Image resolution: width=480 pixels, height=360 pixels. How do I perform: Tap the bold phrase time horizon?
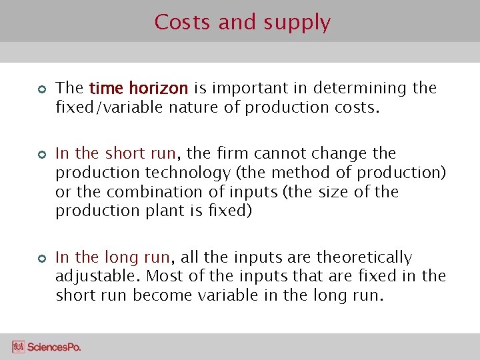(139, 88)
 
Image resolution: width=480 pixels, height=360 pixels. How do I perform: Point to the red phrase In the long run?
(113, 257)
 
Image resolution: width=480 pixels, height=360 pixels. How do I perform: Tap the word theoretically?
(364, 257)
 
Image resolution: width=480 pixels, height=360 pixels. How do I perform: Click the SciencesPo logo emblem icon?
(18, 347)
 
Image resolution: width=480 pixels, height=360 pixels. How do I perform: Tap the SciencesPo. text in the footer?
(54, 347)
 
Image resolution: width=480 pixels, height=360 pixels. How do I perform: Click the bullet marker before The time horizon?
(40, 89)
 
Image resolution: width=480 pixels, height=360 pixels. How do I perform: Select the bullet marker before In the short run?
(40, 154)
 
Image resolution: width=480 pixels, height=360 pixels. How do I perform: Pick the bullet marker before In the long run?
(40, 258)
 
